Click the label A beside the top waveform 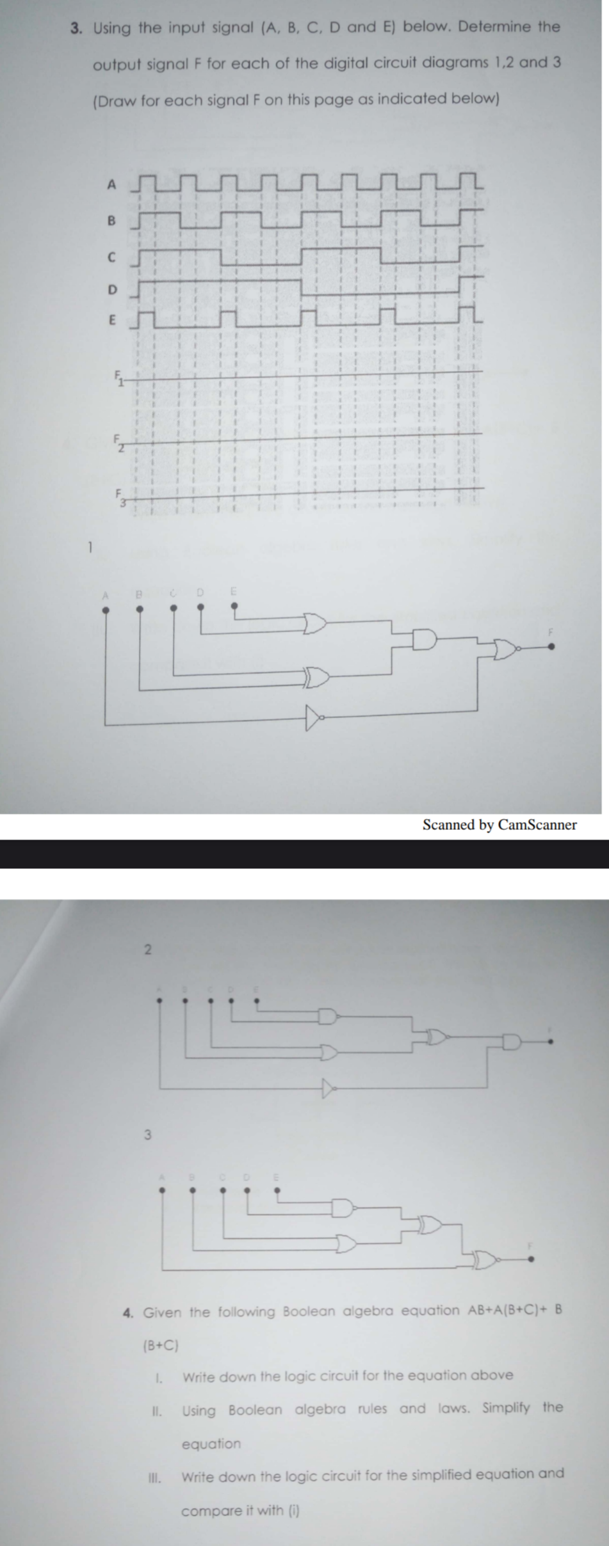tap(111, 185)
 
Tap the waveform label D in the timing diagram tap(112, 289)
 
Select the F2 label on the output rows tap(118, 442)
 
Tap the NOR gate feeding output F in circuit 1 tap(505, 648)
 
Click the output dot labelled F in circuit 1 tap(551, 647)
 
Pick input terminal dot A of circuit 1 tap(106, 610)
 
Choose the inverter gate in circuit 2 tap(329, 1087)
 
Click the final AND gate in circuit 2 tap(512, 1042)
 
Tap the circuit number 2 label tap(147, 950)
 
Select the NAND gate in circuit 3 tap(343, 1208)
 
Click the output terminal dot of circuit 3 tap(530, 1259)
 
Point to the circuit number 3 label tap(147, 1135)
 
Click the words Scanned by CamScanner tap(499, 825)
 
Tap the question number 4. tap(128, 1314)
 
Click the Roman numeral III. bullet tap(154, 1478)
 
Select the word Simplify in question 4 tap(506, 1408)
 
